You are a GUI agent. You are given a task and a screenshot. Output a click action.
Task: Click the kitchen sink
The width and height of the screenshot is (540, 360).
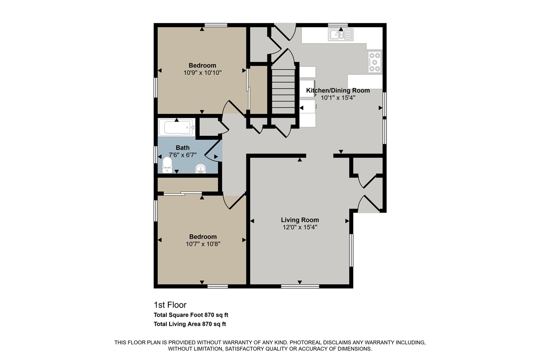pos(340,35)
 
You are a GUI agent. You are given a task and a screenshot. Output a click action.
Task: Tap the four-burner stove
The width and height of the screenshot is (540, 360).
pos(374,62)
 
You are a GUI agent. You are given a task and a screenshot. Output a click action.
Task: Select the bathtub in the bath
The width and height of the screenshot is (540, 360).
pos(176,127)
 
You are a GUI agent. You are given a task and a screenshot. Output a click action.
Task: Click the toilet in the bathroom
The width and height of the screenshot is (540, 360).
pos(167,165)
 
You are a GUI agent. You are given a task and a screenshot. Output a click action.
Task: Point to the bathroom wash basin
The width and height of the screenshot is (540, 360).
pos(201,169)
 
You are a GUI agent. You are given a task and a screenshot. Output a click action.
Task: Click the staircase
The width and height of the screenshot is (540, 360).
pos(283,92)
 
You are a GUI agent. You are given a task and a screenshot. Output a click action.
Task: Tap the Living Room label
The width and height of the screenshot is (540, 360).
pos(300,220)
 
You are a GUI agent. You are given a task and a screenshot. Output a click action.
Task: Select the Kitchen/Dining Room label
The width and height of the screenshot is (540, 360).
pos(338,90)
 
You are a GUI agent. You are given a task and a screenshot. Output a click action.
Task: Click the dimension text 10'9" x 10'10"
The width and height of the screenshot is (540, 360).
pos(202,73)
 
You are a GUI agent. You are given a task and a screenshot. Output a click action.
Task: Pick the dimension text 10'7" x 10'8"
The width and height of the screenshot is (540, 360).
pos(202,244)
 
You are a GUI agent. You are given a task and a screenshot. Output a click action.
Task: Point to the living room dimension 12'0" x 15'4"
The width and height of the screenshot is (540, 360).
pos(300,227)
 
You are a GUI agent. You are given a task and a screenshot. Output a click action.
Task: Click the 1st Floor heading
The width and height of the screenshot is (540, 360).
pos(170,305)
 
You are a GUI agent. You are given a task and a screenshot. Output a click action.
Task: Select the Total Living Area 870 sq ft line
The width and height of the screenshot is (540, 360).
pos(190,324)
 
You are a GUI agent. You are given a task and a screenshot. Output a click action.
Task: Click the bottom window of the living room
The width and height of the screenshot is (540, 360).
pos(300,286)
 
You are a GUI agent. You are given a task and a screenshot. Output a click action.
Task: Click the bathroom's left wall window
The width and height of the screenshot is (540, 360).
pos(156,154)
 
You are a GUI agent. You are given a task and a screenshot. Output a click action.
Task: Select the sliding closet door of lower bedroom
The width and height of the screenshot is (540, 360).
pos(183,194)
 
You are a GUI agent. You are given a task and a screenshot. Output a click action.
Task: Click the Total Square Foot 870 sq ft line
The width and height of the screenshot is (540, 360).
pos(191,315)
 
